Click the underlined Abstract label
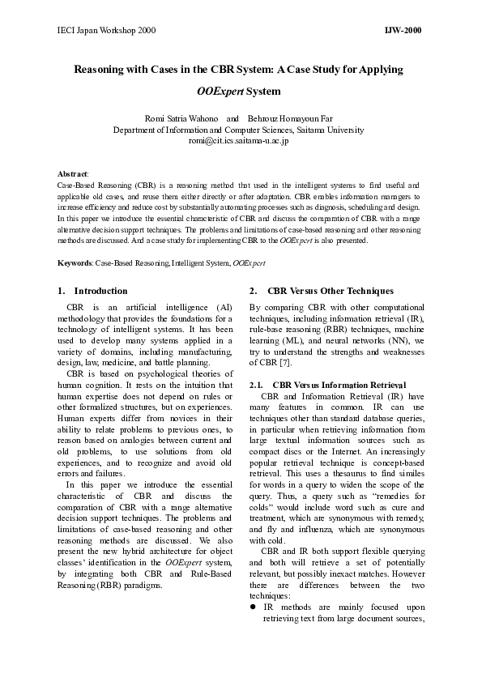pyautogui.click(x=73, y=174)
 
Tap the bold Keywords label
pyautogui.click(x=75, y=263)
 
